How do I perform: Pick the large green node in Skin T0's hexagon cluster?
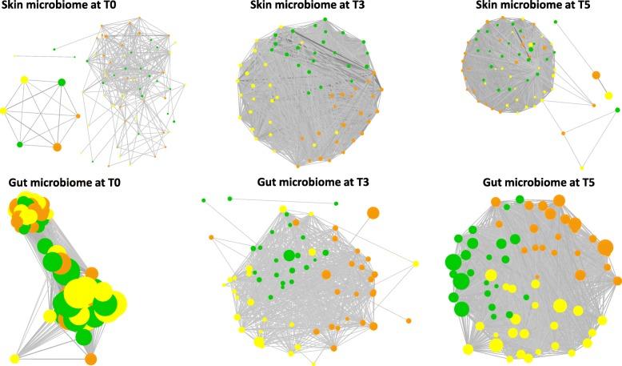[x=62, y=82]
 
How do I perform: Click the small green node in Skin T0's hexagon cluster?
[x=19, y=144]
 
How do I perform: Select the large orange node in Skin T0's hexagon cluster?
[x=57, y=147]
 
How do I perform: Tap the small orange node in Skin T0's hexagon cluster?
[x=78, y=116]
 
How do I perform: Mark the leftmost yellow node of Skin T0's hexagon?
[x=3, y=111]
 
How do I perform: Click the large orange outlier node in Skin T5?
[x=596, y=76]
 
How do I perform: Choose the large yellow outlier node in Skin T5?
[x=608, y=95]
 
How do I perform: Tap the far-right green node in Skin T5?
[x=592, y=105]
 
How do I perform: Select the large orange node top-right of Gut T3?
[x=373, y=213]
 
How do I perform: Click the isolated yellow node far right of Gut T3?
[x=416, y=263]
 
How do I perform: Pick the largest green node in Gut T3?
[x=289, y=255]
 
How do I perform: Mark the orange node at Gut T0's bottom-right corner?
[x=91, y=358]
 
